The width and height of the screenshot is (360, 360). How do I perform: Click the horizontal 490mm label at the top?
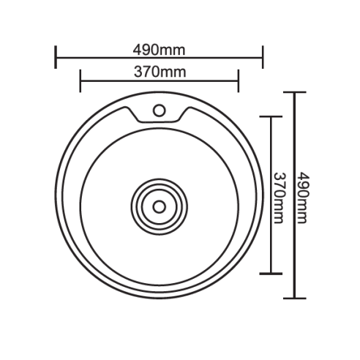click(x=159, y=50)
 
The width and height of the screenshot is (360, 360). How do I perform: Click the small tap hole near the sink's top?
click(x=158, y=110)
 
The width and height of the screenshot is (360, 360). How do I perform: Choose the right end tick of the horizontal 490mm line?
click(x=262, y=58)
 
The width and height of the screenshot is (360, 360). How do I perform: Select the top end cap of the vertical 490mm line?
click(x=294, y=92)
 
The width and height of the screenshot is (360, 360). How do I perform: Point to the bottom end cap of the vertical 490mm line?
click(x=294, y=298)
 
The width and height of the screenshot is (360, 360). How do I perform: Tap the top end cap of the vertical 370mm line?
click(x=271, y=116)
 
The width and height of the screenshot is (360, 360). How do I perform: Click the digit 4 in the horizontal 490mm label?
click(x=137, y=50)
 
